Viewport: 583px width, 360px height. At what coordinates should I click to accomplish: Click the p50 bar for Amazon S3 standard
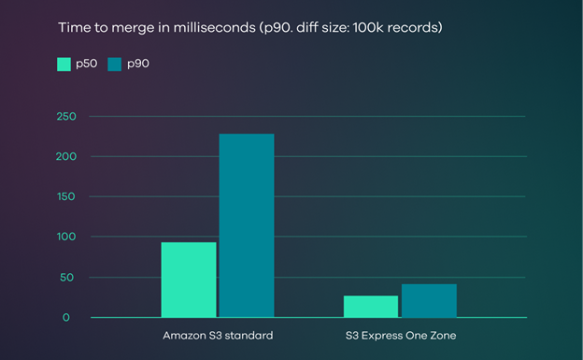coord(189,280)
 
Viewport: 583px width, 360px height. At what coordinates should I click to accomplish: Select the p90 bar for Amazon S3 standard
coord(246,225)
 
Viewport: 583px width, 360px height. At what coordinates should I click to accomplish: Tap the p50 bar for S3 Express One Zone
coord(371,307)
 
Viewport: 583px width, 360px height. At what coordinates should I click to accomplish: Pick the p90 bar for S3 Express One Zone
coord(428,300)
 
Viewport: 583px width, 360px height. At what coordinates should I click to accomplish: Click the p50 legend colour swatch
coord(64,64)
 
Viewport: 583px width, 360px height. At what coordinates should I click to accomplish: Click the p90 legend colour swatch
coord(115,64)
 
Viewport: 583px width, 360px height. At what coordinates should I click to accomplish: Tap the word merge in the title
coord(127,27)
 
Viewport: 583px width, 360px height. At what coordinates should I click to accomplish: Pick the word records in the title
coord(415,27)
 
